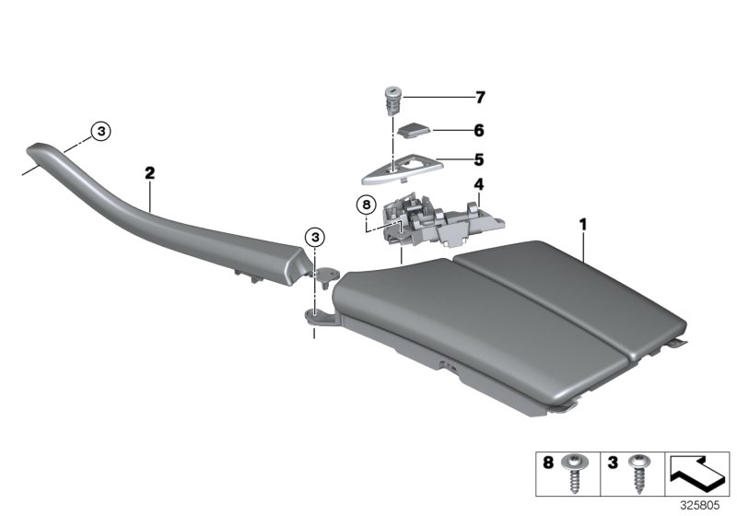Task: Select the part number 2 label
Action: [149, 171]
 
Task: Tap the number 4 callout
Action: [478, 184]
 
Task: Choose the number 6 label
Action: [478, 131]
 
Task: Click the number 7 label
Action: [478, 97]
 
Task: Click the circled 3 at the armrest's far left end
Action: [102, 131]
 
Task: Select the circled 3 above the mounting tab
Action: [315, 237]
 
